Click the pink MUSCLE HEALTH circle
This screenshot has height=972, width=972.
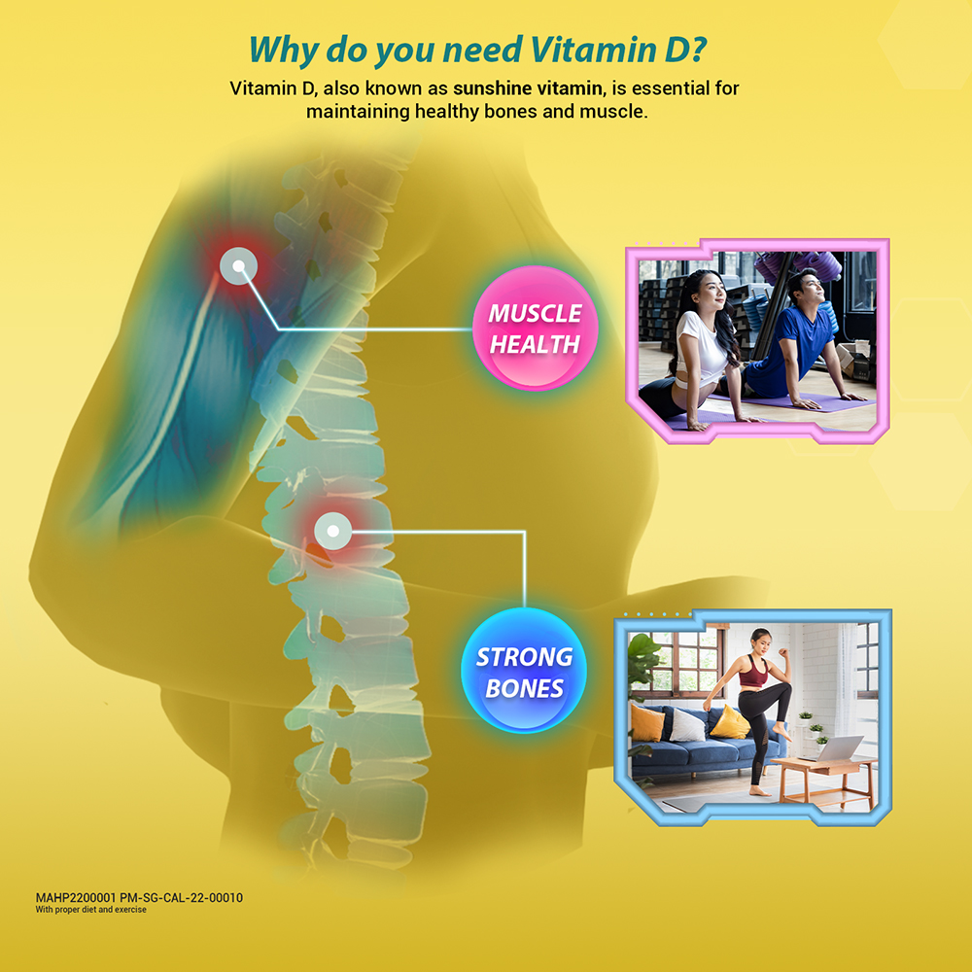(x=535, y=328)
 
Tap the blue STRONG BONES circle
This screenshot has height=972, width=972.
(x=524, y=670)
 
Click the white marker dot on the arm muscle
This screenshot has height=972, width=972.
(x=239, y=266)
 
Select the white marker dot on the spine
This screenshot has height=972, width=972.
(x=332, y=532)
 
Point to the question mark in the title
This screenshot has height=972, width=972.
(x=697, y=50)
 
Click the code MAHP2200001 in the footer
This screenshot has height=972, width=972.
(x=76, y=897)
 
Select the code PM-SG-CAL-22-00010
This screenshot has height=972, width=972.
(x=181, y=897)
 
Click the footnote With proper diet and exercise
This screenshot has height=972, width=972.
(x=91, y=910)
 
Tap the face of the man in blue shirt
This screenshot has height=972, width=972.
(x=810, y=289)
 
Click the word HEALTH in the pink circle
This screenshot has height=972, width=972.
(x=535, y=344)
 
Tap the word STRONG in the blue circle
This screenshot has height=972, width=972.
(x=525, y=656)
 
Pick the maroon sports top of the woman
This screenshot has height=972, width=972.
(x=754, y=672)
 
